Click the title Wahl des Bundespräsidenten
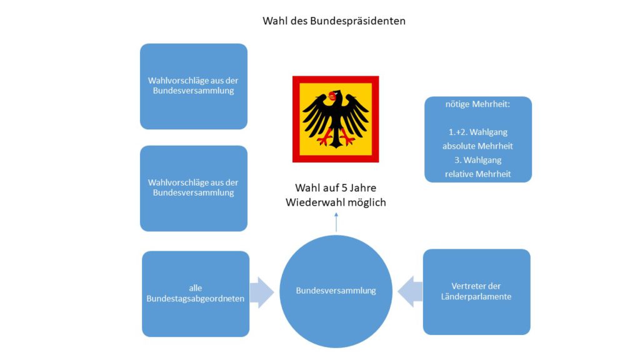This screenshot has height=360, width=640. [x=334, y=21]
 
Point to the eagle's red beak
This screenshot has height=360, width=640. [x=332, y=96]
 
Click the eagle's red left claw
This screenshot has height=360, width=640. [x=324, y=139]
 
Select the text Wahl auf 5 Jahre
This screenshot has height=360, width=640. [x=336, y=187]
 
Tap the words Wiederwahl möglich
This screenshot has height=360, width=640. [x=336, y=202]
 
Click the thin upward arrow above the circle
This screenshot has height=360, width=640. [x=336, y=222]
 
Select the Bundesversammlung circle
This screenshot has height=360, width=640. [x=336, y=291]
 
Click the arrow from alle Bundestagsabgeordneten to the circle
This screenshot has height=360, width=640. [x=262, y=292]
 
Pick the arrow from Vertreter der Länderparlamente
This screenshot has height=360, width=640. [x=410, y=291]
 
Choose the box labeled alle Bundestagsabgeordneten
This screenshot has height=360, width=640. [x=196, y=294]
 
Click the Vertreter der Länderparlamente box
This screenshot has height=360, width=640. [x=476, y=292]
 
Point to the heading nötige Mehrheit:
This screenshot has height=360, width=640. [x=477, y=104]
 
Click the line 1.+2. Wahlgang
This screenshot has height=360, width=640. [x=477, y=132]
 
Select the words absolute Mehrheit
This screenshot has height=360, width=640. [x=477, y=146]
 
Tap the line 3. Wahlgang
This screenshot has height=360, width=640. [x=477, y=160]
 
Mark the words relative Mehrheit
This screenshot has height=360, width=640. [x=477, y=174]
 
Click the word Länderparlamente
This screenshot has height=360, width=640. [x=476, y=297]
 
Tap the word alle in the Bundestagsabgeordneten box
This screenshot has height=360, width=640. [x=196, y=288]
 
